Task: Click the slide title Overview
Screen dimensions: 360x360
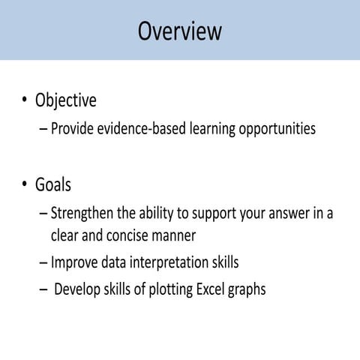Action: pyautogui.click(x=180, y=31)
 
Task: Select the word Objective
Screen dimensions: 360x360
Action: pyautogui.click(x=66, y=100)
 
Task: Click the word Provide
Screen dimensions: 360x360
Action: pyautogui.click(x=73, y=129)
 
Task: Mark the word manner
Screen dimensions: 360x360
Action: pyautogui.click(x=174, y=235)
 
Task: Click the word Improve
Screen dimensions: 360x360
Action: pyautogui.click(x=74, y=263)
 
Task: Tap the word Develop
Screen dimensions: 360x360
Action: pyautogui.click(x=77, y=289)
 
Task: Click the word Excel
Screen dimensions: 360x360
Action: pyautogui.click(x=213, y=289)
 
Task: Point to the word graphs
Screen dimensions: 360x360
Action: pyautogui.click(x=248, y=290)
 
